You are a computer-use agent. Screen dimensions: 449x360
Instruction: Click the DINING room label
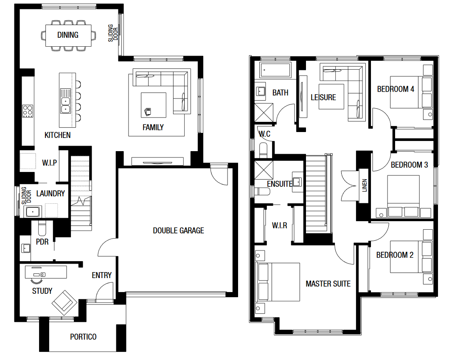(68, 35)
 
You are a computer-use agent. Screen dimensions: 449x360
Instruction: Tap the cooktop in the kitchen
(28, 111)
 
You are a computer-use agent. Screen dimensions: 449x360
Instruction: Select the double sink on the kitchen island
(66, 101)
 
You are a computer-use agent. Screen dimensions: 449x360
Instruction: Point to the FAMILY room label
(153, 127)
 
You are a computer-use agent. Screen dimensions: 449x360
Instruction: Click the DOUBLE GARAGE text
(178, 231)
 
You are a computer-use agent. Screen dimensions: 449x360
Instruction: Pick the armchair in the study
(65, 303)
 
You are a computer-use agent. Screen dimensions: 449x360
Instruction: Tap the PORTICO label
(83, 337)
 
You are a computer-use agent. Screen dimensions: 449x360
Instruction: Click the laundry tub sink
(33, 212)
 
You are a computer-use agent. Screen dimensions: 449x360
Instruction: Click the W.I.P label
(50, 163)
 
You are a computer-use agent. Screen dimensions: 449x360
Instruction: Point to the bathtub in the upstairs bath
(275, 70)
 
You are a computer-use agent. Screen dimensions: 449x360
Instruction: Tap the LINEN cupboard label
(364, 185)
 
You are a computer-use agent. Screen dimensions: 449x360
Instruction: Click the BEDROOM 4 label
(396, 89)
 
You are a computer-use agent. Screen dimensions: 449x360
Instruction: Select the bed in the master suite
(278, 282)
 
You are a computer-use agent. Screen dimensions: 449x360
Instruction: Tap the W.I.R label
(280, 225)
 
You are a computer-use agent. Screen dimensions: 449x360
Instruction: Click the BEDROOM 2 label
(395, 255)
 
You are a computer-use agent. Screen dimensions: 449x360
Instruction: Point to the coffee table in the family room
(154, 105)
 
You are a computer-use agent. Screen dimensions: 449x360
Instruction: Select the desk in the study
(46, 272)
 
